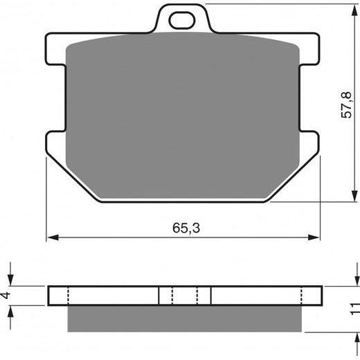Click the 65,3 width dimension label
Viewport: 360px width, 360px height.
[186, 228]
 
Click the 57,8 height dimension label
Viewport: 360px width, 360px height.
[346, 105]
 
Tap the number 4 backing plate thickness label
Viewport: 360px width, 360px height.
[6, 295]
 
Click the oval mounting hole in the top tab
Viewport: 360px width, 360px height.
[182, 21]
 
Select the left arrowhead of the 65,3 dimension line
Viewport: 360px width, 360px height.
[53, 237]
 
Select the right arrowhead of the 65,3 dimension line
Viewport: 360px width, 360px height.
[314, 237]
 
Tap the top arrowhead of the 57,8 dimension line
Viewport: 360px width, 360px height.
[354, 10]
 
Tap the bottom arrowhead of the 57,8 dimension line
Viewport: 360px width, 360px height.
[354, 196]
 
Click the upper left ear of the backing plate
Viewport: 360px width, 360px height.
[55, 49]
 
